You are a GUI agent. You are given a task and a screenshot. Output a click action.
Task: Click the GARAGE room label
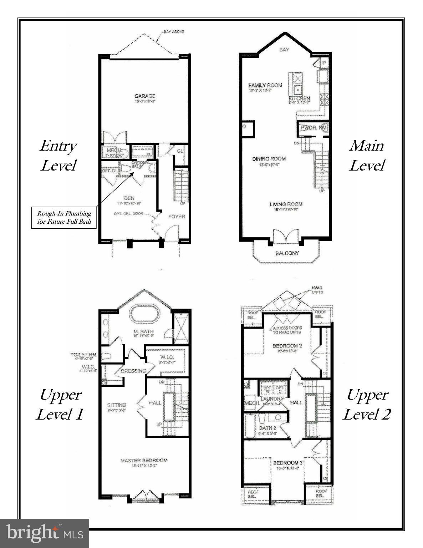[x=145, y=96]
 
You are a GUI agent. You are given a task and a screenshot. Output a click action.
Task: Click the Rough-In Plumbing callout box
[x=64, y=217]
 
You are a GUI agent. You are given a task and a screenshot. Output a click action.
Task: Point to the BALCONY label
[x=287, y=253]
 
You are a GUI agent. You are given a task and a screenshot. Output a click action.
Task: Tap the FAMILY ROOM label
[x=265, y=85]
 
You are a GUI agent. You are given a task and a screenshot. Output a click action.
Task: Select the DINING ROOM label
[x=269, y=159]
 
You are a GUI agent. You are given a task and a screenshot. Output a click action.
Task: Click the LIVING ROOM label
[x=286, y=204]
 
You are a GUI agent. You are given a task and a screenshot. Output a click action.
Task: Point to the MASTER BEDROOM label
[x=144, y=461]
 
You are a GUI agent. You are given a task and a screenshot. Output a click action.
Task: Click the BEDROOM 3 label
[x=288, y=463]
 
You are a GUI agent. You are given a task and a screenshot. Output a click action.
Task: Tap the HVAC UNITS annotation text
[x=317, y=290]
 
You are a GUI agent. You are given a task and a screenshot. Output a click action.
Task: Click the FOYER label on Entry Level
[x=177, y=216]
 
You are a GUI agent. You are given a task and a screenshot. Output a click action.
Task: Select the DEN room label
[x=129, y=198]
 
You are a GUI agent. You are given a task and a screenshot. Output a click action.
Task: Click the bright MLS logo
[x=45, y=533]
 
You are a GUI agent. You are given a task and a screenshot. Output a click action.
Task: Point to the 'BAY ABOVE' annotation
[x=174, y=32]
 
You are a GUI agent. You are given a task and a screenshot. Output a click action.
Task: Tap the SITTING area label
[x=117, y=405]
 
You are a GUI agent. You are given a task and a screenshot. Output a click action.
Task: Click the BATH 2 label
[x=267, y=428]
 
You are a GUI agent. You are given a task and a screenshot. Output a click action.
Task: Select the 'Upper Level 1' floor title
[x=60, y=404]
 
